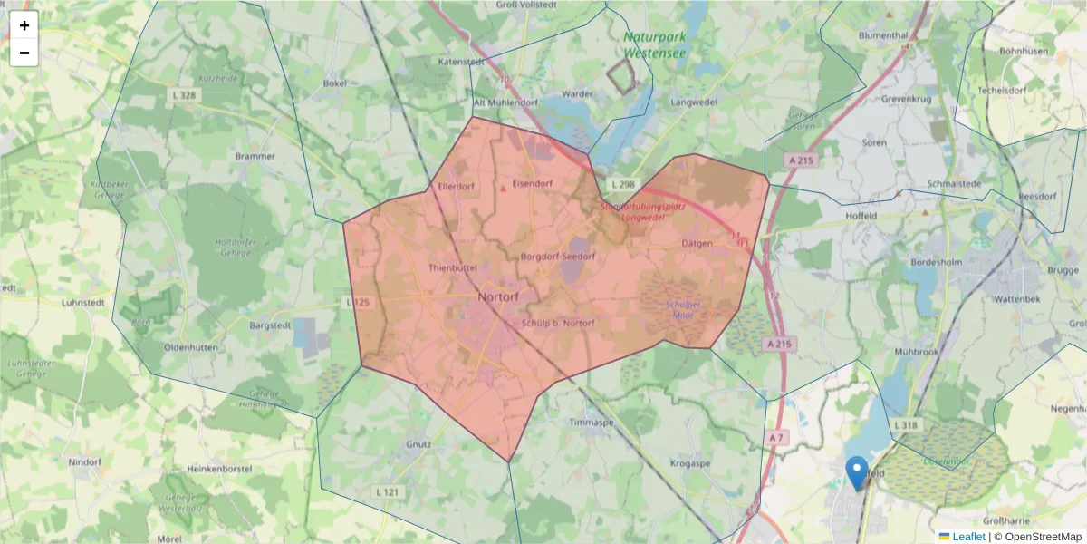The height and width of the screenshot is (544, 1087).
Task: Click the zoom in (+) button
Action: (24, 25)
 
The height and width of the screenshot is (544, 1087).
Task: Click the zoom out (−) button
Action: (24, 53)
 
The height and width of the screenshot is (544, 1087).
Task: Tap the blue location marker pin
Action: (856, 472)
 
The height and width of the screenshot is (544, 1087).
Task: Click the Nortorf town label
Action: (497, 296)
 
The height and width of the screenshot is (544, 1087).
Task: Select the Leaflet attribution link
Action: (968, 537)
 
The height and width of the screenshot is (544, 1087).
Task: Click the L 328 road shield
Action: (182, 95)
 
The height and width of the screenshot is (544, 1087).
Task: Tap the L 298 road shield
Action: (623, 184)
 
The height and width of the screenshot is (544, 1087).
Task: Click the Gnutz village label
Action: (418, 444)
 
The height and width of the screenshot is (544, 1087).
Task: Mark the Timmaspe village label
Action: (592, 423)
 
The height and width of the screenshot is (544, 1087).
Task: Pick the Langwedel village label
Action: (693, 102)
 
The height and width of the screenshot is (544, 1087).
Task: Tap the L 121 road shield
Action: (387, 491)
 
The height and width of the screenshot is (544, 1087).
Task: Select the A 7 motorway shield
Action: (776, 438)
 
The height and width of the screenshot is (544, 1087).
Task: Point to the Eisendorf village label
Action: (532, 183)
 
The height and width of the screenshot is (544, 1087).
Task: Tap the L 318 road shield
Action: (906, 424)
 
